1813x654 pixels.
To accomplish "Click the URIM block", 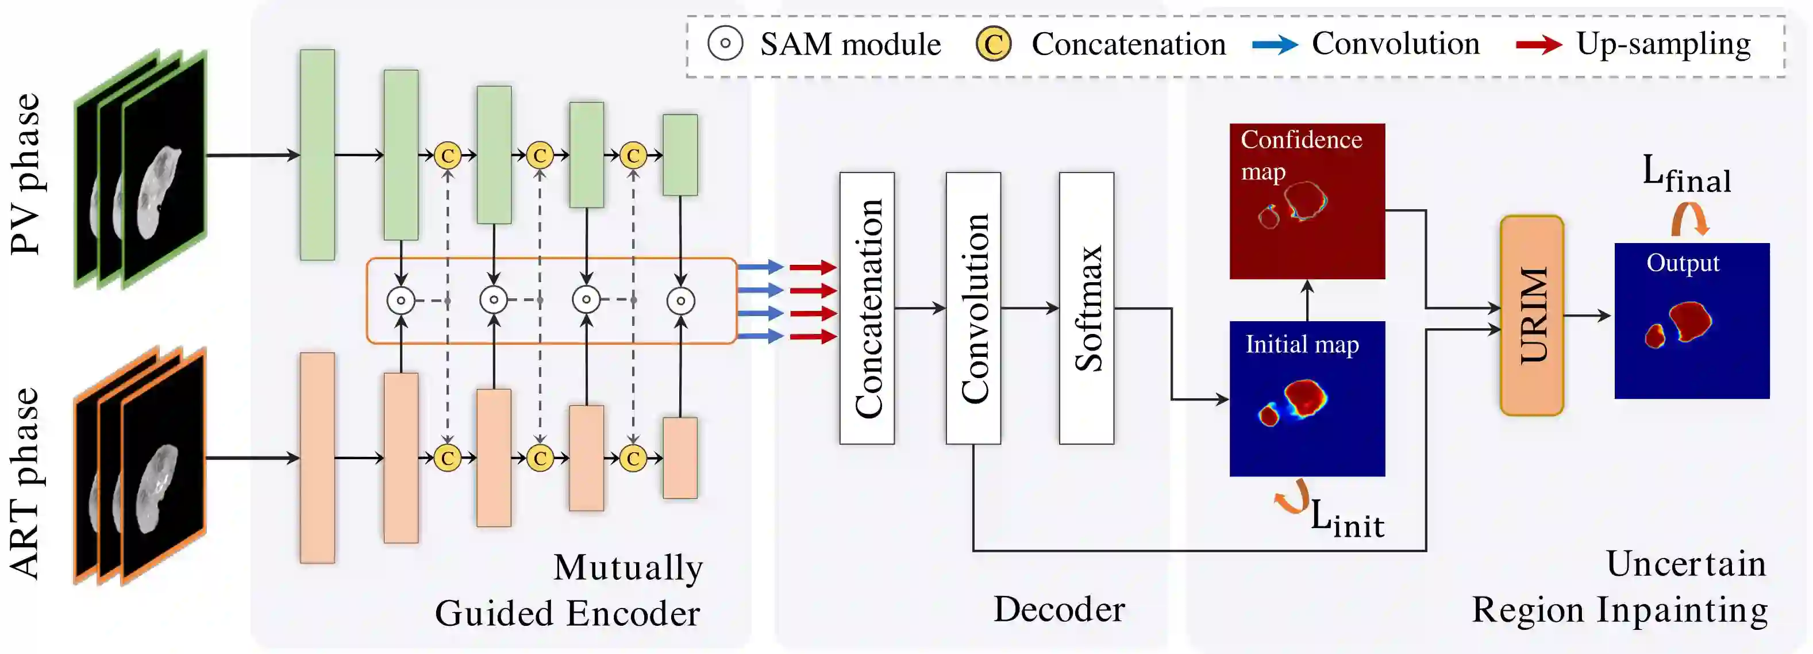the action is click(1531, 316).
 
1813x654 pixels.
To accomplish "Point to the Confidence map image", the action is click(1307, 201).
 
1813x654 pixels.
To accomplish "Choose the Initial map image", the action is click(1307, 398).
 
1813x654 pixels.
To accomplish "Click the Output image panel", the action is click(1692, 320).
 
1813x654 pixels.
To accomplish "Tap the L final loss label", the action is click(1687, 175).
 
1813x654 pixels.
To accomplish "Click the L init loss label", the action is click(1347, 519).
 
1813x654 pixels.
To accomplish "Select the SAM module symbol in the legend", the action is click(725, 44).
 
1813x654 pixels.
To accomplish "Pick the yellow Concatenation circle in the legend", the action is click(993, 44).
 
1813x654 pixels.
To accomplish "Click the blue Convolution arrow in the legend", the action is click(1275, 45).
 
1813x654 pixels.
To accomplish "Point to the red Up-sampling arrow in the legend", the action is click(1539, 45).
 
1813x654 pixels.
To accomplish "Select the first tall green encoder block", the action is click(317, 155).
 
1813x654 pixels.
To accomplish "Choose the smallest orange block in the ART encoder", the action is click(680, 458).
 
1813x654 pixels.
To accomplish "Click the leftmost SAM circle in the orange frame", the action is click(401, 301).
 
